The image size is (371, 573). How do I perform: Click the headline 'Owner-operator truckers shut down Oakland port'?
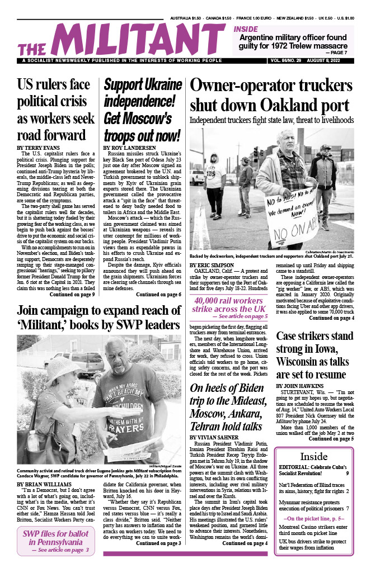point(271,95)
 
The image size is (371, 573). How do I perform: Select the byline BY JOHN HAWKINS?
point(300,386)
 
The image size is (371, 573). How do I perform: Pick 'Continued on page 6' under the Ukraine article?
point(158,294)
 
